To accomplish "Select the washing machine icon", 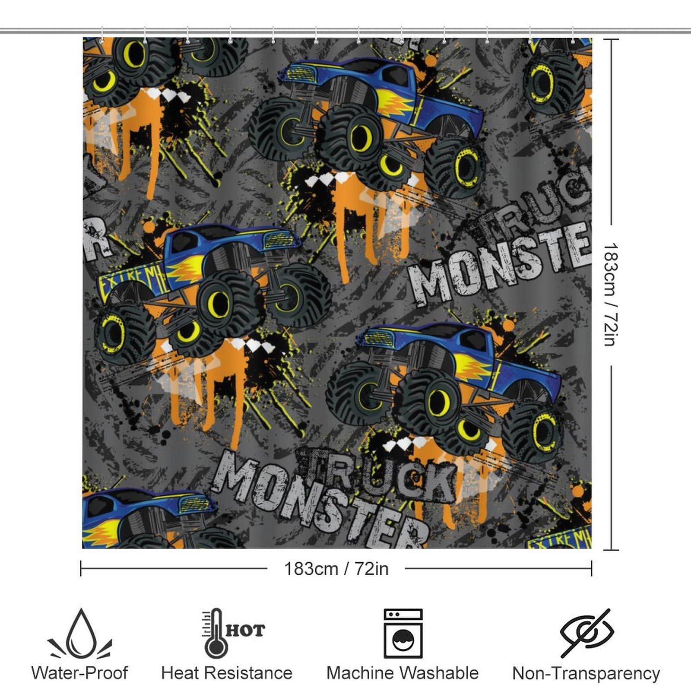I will (403, 633).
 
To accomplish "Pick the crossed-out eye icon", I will (586, 633).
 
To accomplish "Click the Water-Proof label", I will (80, 673).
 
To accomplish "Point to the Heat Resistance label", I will (227, 673).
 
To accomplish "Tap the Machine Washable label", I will (403, 673).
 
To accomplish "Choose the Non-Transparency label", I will (586, 673).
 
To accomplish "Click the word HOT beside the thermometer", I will (245, 631).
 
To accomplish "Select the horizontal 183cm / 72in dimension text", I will (336, 569).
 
